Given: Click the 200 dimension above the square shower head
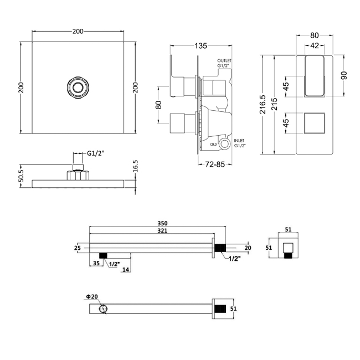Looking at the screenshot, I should click(78, 31).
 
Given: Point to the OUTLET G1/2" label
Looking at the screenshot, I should click(224, 63).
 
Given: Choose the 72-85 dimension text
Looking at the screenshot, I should click(215, 164).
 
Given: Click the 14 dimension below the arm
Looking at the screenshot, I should click(126, 270).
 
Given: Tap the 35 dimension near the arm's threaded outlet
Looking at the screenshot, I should click(97, 264).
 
